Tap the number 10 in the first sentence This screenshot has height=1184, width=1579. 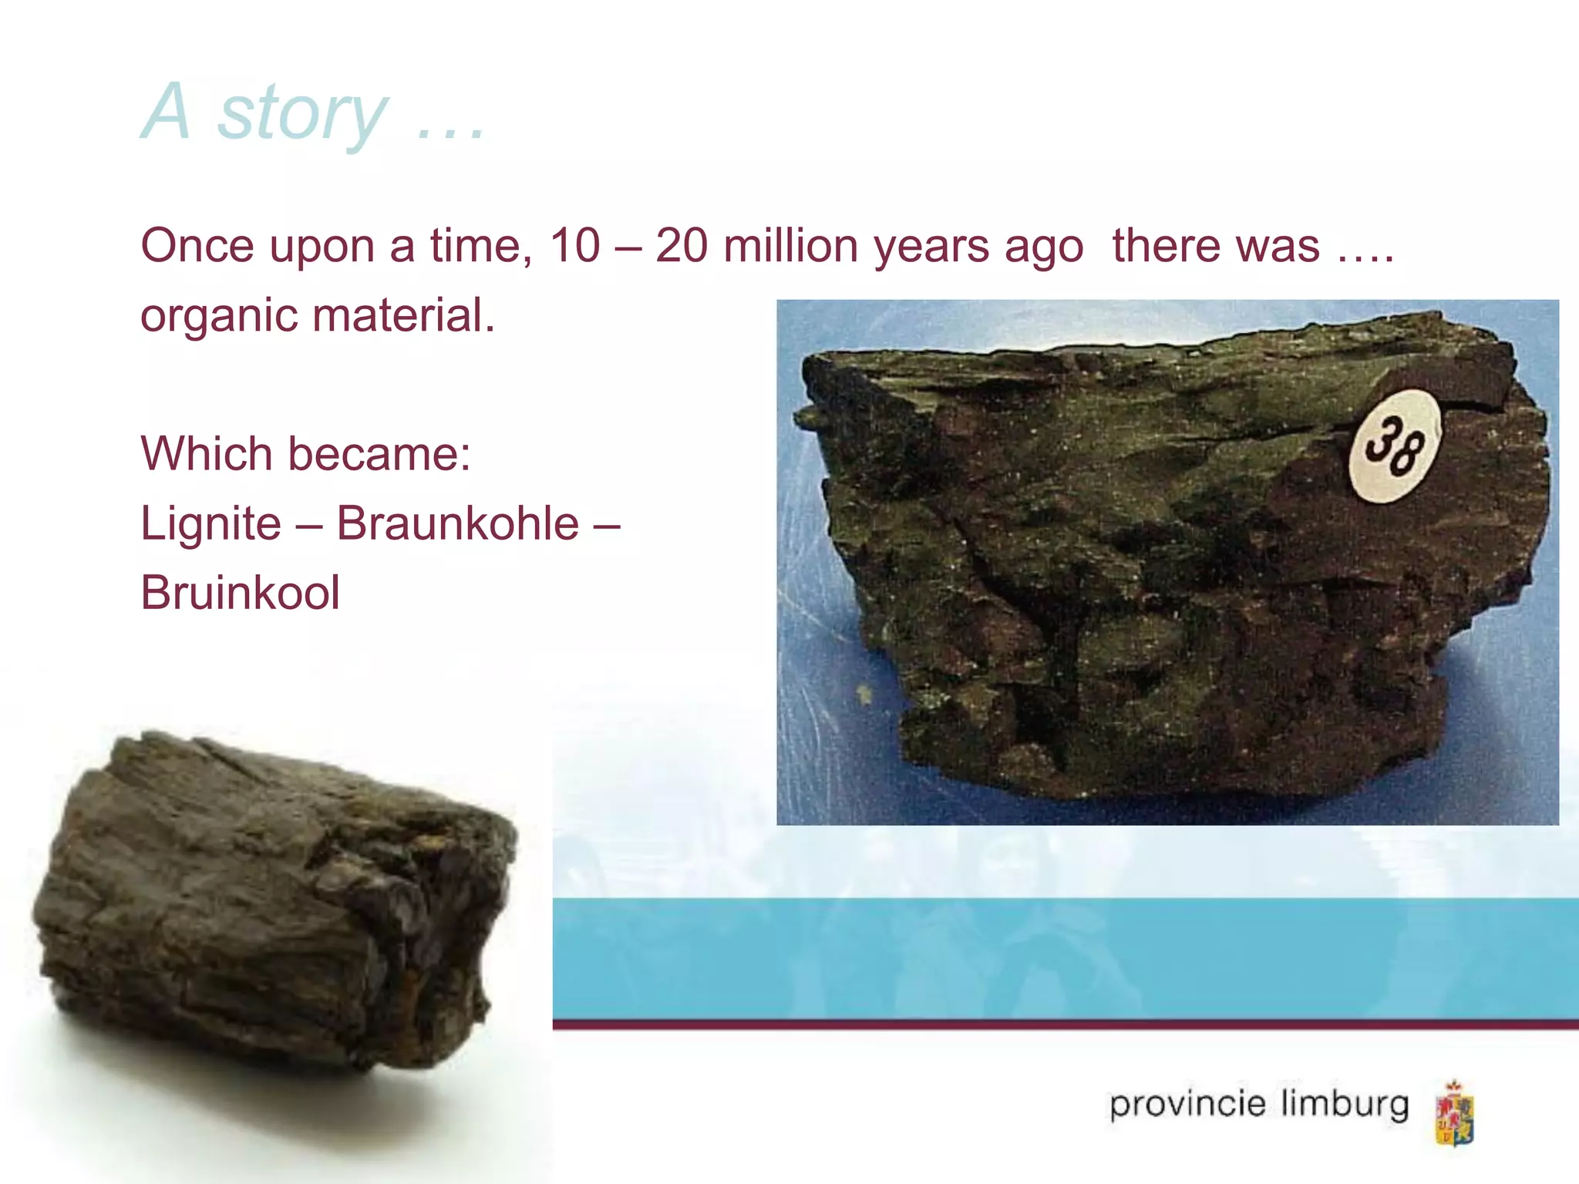(x=574, y=247)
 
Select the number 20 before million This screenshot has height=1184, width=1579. (x=681, y=247)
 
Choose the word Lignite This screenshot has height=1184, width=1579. (x=210, y=524)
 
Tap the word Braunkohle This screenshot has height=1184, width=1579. (x=457, y=524)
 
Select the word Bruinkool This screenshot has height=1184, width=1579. (x=240, y=594)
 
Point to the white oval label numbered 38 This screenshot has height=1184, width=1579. (x=1394, y=446)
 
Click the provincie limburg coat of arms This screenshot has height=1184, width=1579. (x=1453, y=1113)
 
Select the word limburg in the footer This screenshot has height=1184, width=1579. (x=1345, y=1105)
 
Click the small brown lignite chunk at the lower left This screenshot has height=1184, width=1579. (x=270, y=902)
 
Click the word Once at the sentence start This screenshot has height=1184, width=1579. (x=197, y=247)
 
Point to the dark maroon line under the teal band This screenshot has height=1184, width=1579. (x=1064, y=1024)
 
